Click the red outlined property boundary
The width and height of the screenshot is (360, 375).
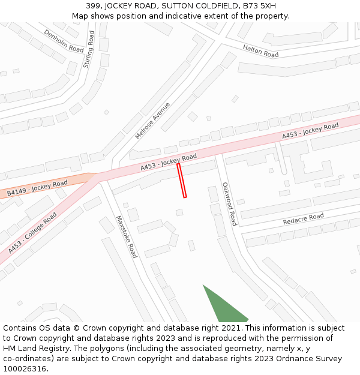tap(182, 180)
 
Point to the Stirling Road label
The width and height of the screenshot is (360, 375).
tap(89, 49)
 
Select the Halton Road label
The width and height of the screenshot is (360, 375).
tap(260, 51)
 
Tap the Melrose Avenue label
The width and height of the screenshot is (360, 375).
tap(152, 121)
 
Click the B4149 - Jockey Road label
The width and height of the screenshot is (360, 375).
tap(37, 188)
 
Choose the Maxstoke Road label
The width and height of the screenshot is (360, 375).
tap(127, 236)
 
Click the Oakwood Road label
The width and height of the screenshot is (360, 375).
tap(229, 204)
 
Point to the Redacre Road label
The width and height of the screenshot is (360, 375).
tap(303, 220)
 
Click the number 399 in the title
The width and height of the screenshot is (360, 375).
tap(93, 6)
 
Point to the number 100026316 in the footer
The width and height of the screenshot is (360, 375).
tap(25, 369)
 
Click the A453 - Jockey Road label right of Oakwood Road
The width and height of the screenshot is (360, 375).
tap(310, 132)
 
